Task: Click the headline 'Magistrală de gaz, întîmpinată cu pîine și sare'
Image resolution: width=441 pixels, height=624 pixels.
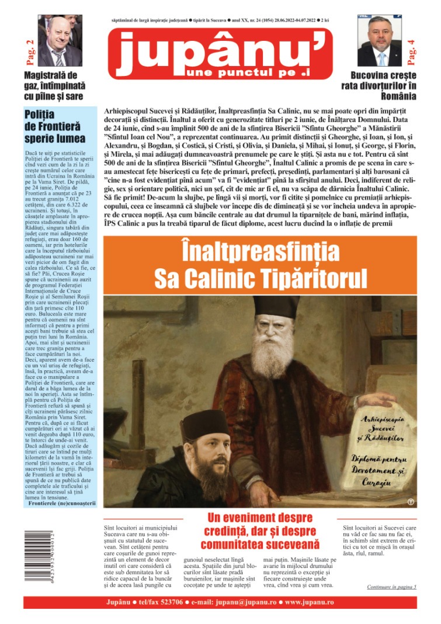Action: click(54, 85)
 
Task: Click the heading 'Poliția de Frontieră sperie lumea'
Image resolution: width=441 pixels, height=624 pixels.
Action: click(55, 127)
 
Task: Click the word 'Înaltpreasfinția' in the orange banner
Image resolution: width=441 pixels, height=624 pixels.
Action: click(260, 252)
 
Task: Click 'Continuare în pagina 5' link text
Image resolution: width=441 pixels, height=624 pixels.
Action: click(391, 587)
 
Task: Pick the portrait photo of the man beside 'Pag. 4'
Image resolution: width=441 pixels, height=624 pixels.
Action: click(380, 40)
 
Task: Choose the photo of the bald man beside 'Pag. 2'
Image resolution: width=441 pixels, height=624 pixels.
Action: click(60, 40)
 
